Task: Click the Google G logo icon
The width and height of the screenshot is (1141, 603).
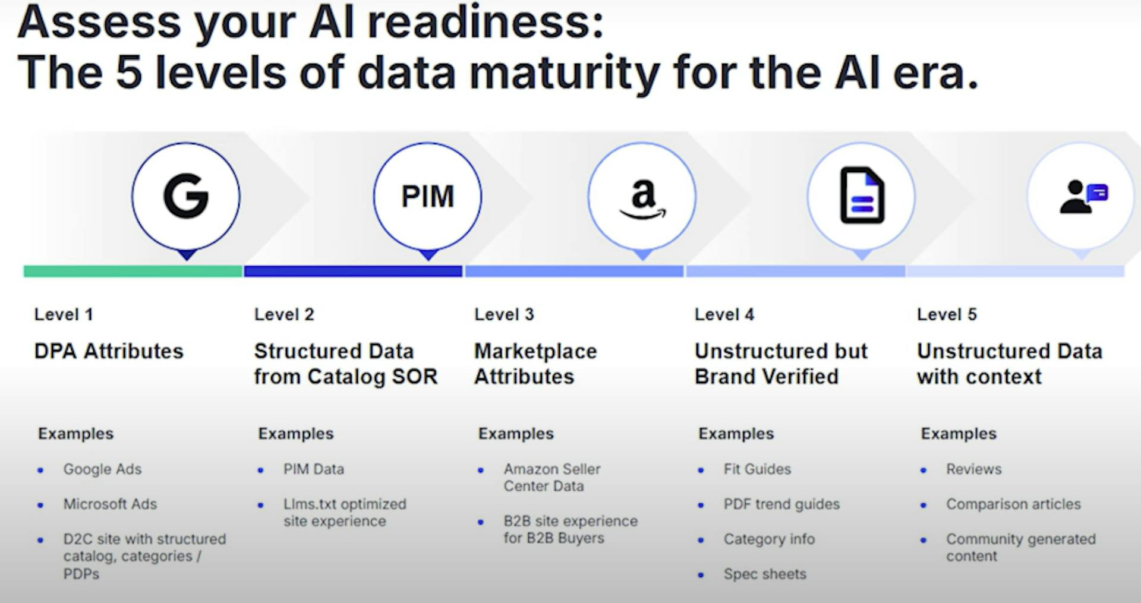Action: pyautogui.click(x=186, y=195)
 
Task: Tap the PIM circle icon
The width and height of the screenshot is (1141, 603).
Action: pyautogui.click(x=427, y=196)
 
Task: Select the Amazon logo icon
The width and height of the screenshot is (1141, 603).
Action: pyautogui.click(x=642, y=199)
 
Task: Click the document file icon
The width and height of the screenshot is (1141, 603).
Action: pyautogui.click(x=862, y=195)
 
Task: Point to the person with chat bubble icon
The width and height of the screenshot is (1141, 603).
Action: pyautogui.click(x=1083, y=197)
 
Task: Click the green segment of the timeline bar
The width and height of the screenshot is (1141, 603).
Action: pyautogui.click(x=133, y=271)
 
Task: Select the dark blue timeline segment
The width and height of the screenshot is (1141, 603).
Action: pyautogui.click(x=353, y=271)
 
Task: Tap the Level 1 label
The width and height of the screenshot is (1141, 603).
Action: pyautogui.click(x=64, y=314)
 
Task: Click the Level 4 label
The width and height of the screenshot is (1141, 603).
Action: pyautogui.click(x=724, y=314)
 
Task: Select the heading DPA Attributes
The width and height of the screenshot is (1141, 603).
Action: pyautogui.click(x=109, y=351)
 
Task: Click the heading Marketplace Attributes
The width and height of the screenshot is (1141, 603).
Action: pyautogui.click(x=535, y=364)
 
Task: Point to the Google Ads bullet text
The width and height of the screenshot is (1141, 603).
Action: pyautogui.click(x=102, y=469)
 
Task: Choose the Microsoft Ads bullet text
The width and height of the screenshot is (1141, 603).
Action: pyautogui.click(x=110, y=504)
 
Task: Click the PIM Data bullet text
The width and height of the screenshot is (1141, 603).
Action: pyautogui.click(x=314, y=469)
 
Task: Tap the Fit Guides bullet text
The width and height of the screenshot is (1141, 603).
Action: pyautogui.click(x=757, y=469)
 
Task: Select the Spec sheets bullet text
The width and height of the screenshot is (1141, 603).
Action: pyautogui.click(x=765, y=574)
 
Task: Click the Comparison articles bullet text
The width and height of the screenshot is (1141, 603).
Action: pyautogui.click(x=1013, y=504)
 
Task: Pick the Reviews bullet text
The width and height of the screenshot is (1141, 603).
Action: pyautogui.click(x=973, y=469)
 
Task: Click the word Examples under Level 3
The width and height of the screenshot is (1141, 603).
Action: pyautogui.click(x=516, y=434)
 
